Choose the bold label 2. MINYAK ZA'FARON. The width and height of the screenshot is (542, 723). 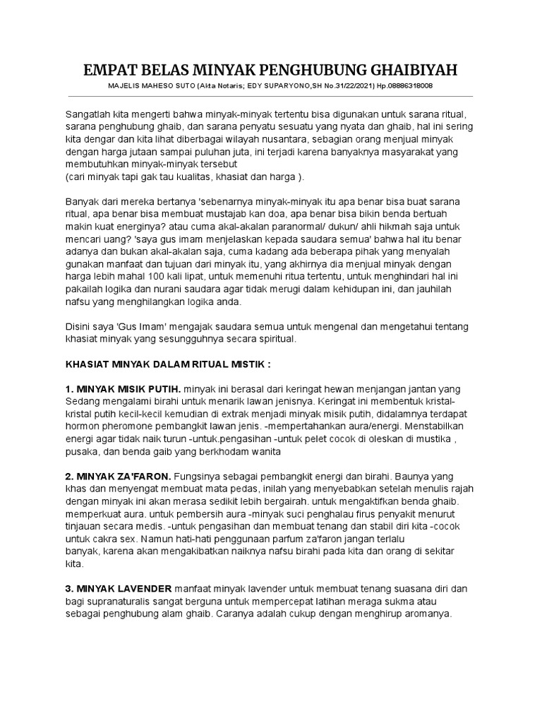click(118, 477)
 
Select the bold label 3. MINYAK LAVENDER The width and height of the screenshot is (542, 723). click(119, 588)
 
